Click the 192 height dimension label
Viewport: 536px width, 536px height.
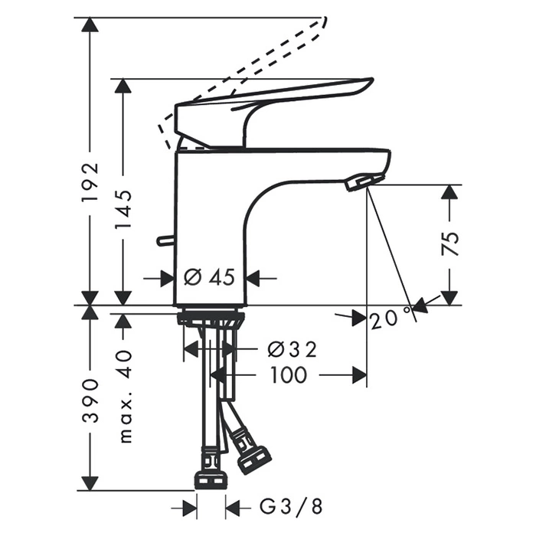(90, 182)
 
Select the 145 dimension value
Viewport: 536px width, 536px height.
(123, 208)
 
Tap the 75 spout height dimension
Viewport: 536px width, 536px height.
(450, 243)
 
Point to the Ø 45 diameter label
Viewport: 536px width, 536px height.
(209, 277)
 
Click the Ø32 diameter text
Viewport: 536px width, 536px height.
(293, 349)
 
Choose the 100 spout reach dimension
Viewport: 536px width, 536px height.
(289, 375)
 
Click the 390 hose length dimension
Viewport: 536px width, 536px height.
(90, 400)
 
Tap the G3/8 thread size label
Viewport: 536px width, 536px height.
(291, 506)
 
